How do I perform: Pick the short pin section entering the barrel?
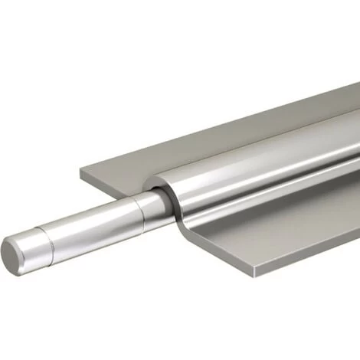click(x=151, y=201)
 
